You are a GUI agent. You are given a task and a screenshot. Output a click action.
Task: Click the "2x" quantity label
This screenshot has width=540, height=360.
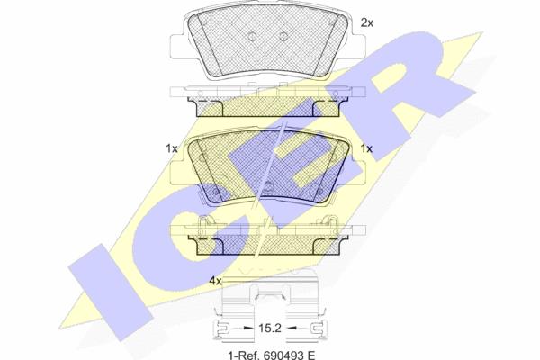(367, 22)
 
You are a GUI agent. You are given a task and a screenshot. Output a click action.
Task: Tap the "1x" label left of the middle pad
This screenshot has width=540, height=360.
(172, 148)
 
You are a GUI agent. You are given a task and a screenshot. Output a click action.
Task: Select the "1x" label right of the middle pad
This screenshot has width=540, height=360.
(366, 148)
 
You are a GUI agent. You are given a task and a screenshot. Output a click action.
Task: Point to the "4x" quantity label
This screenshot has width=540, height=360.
(215, 281)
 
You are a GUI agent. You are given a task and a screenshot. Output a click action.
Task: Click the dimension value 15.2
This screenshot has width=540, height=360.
(270, 328)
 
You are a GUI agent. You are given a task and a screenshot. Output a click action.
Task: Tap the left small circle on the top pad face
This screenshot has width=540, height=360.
(252, 36)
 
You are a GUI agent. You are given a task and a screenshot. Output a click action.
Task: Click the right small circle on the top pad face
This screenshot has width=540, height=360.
(283, 36)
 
